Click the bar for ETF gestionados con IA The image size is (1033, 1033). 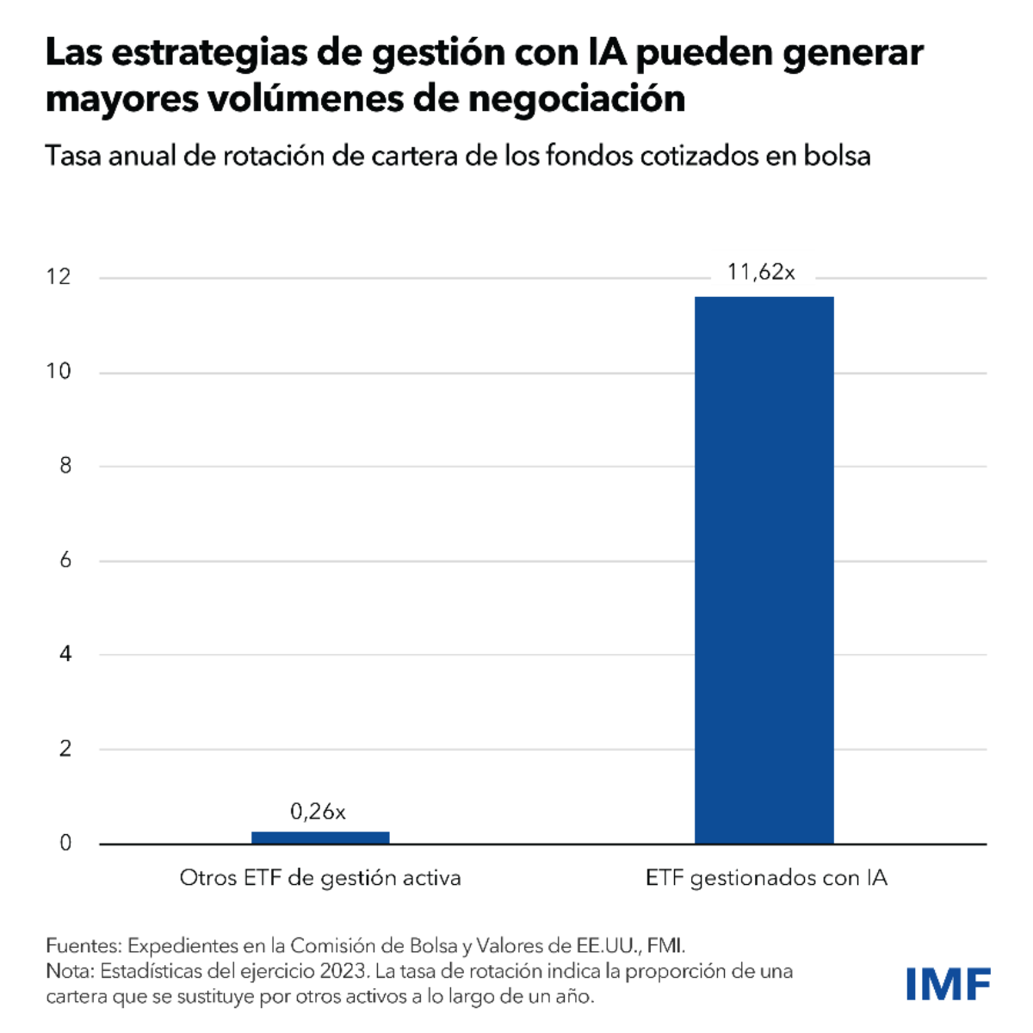tap(764, 570)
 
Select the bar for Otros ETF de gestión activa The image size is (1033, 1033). tap(320, 838)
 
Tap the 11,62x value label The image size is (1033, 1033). tap(761, 273)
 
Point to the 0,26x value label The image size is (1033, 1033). tap(318, 812)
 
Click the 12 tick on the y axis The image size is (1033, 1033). tap(59, 277)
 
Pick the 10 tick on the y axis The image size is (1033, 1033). tap(59, 372)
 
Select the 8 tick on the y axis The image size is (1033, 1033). tap(65, 466)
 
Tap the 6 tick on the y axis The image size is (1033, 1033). tap(65, 560)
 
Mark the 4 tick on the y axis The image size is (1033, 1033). tap(65, 654)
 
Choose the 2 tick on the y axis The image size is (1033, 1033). tap(65, 749)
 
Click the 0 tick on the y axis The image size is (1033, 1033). tap(65, 844)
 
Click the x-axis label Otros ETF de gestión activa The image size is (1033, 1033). tap(320, 878)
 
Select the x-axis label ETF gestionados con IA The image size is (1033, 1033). tap(766, 878)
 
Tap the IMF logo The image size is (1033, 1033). tap(948, 984)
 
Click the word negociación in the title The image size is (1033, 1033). tap(577, 99)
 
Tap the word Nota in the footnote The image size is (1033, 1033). tap(69, 971)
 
